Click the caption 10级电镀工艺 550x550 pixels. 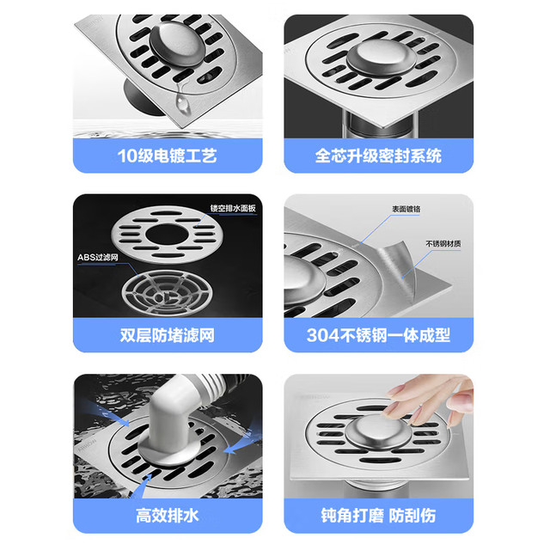[x=167, y=156]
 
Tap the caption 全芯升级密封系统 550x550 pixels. [x=378, y=156]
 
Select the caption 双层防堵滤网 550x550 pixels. [x=167, y=335]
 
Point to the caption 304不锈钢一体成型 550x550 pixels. [x=378, y=335]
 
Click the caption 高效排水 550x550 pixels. [x=167, y=516]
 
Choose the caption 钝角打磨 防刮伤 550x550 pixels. [x=378, y=516]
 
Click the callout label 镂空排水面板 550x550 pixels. [x=233, y=208]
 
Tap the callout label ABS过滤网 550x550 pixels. [x=98, y=258]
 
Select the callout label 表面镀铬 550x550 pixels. [x=406, y=209]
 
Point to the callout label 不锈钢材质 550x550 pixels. [x=443, y=244]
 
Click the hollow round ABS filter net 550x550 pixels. [x=167, y=292]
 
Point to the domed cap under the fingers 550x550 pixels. [x=377, y=432]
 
